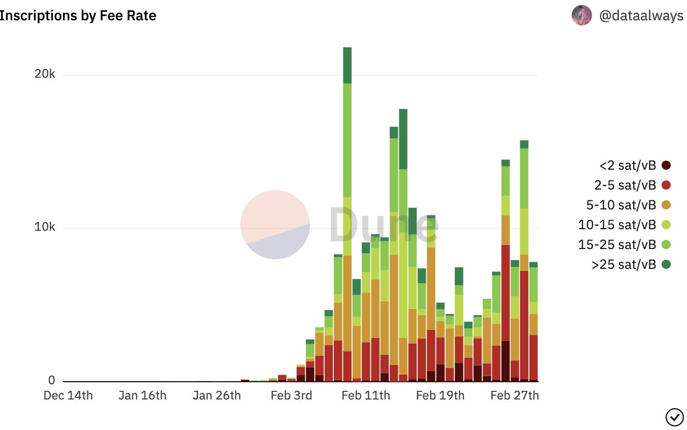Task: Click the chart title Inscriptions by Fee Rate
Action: click(x=78, y=16)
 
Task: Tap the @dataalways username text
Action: click(x=641, y=16)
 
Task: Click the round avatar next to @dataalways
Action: click(x=581, y=16)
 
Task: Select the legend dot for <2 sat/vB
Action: click(x=666, y=165)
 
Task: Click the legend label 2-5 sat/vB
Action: click(x=625, y=185)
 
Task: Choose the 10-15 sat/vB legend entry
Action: click(x=617, y=225)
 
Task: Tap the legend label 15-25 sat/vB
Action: click(x=617, y=244)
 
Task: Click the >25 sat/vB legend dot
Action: click(x=666, y=264)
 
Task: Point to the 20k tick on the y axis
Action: click(x=45, y=75)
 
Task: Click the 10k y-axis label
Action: click(x=45, y=227)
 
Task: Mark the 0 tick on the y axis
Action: click(x=51, y=381)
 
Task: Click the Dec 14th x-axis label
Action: click(x=68, y=396)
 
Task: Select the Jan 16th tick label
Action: click(x=142, y=396)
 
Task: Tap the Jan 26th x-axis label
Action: click(x=217, y=396)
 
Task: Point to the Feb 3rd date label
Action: click(x=291, y=396)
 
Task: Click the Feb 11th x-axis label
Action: click(x=366, y=396)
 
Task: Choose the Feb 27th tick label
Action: click(x=515, y=396)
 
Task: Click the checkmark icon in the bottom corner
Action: click(x=674, y=417)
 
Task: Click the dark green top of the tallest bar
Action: click(x=348, y=65)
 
